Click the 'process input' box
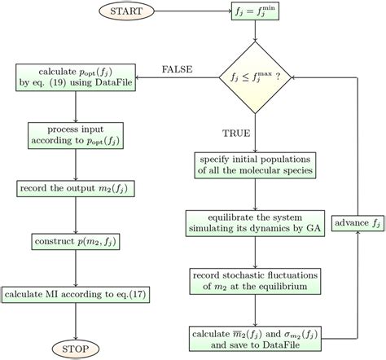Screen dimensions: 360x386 pos(74,136)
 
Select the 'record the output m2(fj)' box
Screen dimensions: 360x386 pos(74,189)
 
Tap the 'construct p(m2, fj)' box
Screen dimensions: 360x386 pos(74,242)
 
